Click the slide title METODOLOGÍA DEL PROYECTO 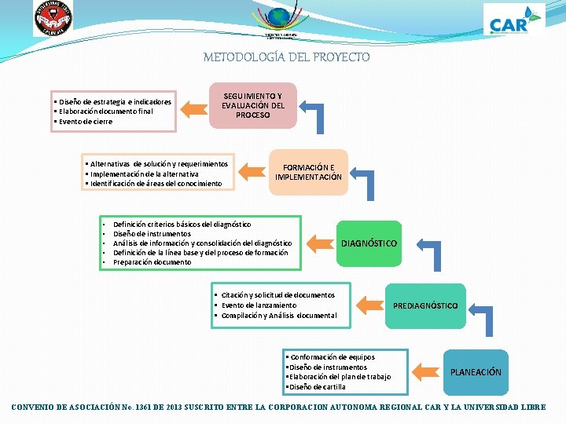(x=286, y=57)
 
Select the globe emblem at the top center (x=277, y=17)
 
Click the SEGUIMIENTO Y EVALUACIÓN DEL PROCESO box (x=252, y=105)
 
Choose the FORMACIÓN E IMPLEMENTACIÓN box (x=308, y=172)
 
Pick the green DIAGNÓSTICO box (x=369, y=243)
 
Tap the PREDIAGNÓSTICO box (x=425, y=305)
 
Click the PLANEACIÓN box (x=475, y=371)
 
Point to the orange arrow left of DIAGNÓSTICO (x=316, y=243)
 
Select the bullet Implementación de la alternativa (x=145, y=174)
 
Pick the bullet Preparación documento (x=152, y=262)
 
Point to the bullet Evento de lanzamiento (x=259, y=305)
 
